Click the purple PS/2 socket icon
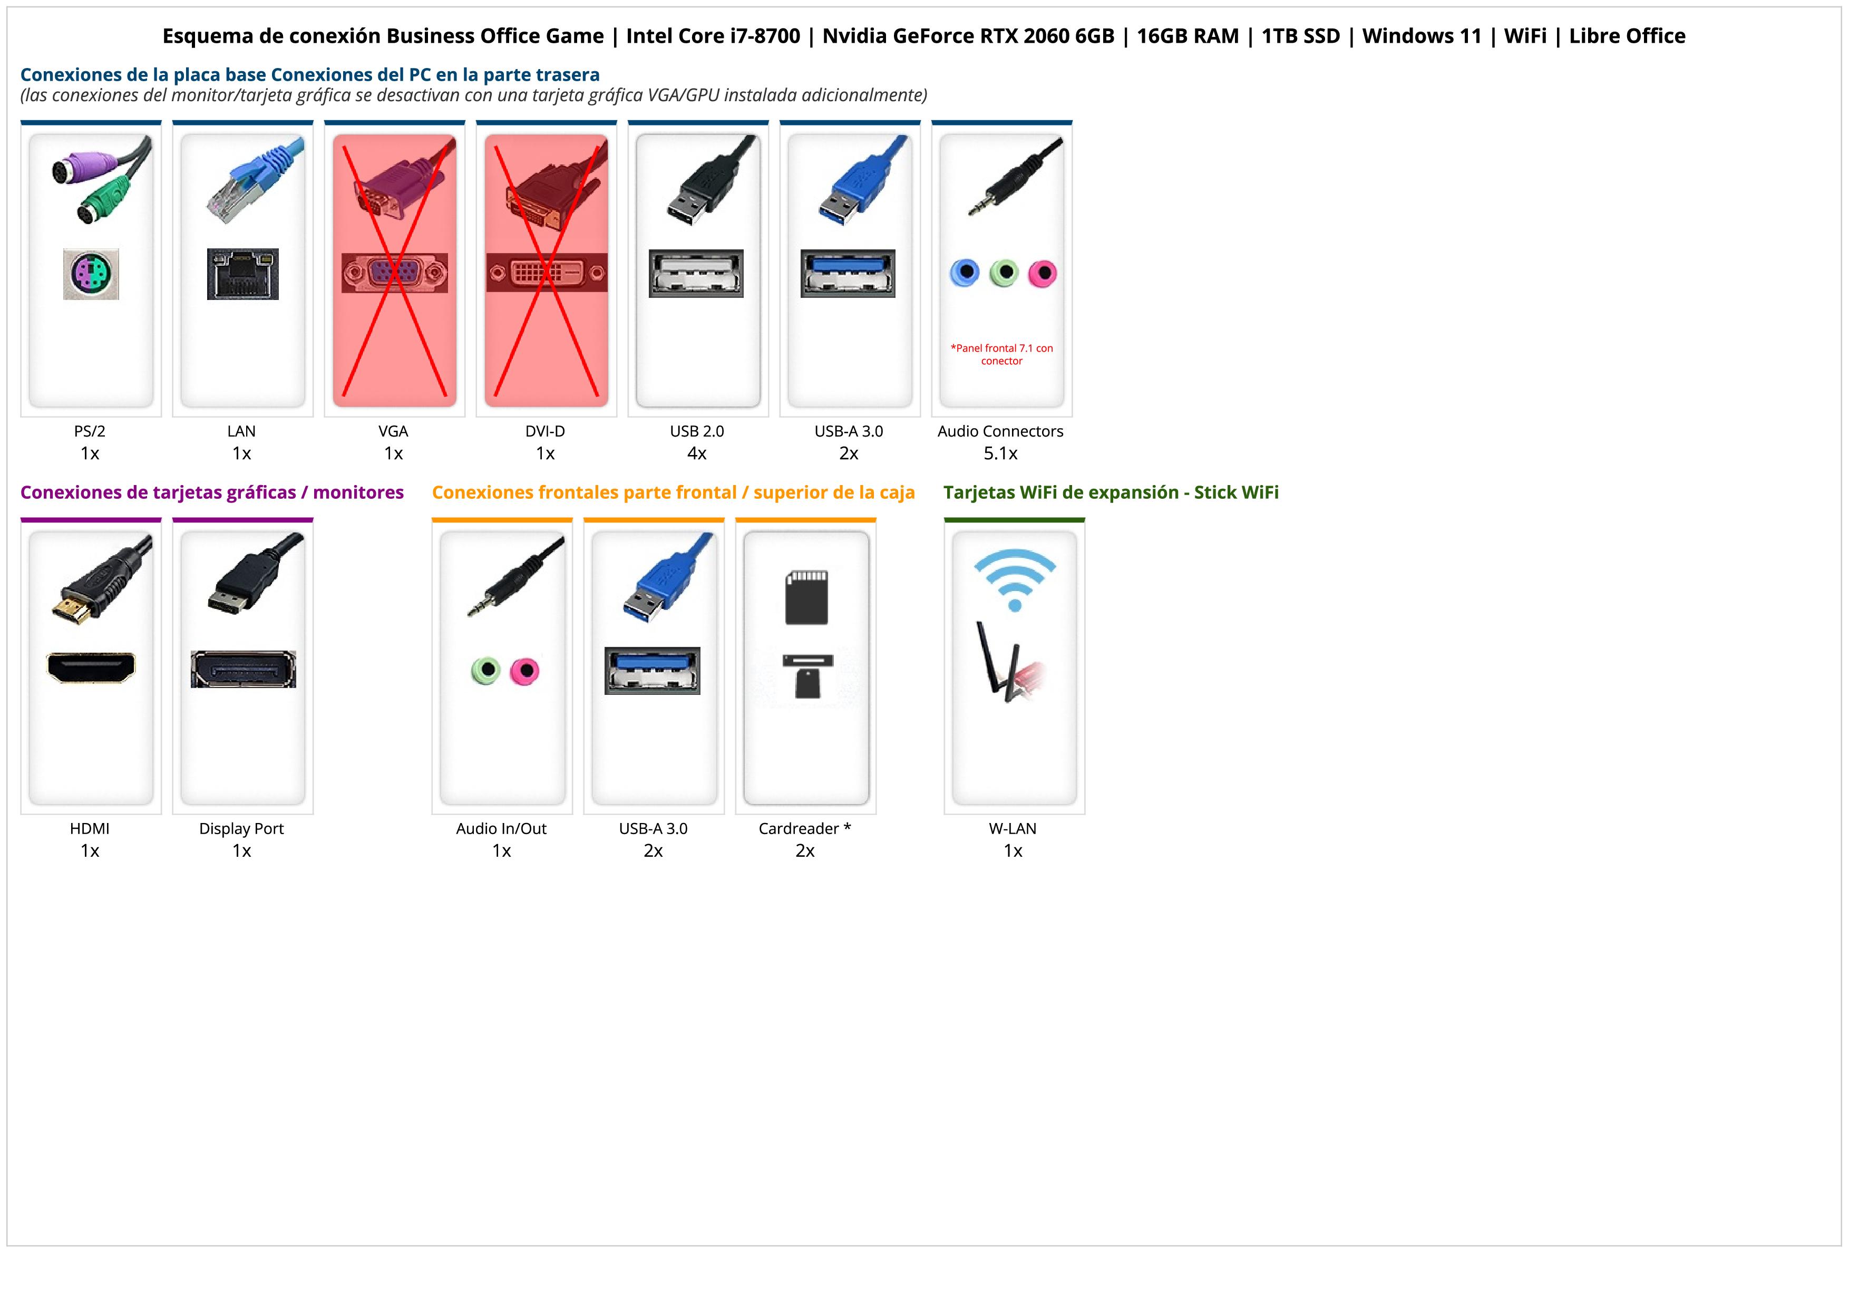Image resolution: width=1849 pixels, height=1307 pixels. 91,275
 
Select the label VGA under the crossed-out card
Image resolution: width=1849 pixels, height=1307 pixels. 393,432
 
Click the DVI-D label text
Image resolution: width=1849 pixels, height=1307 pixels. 545,432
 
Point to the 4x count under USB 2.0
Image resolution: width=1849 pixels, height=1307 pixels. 697,453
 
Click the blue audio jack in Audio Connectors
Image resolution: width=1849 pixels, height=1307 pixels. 965,273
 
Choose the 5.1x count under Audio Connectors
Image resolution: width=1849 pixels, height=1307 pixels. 1000,453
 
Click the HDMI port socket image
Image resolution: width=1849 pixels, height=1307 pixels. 91,667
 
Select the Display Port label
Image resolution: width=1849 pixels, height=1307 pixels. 241,829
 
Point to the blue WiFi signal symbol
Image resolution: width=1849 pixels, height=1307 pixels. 1015,578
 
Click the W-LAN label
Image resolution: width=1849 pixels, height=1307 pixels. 1013,829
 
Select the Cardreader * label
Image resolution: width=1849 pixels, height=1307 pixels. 804,829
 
